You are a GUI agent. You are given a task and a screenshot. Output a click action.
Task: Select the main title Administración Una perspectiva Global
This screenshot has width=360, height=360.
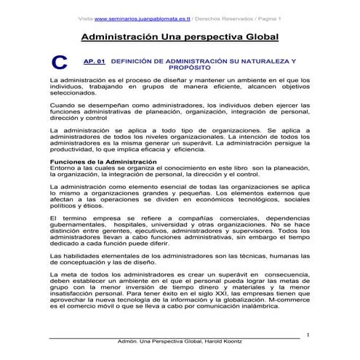tap(179, 36)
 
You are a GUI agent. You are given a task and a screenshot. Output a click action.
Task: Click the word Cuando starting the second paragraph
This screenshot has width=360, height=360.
tap(62, 105)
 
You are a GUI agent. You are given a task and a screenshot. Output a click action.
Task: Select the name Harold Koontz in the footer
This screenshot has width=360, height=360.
tap(226, 343)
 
